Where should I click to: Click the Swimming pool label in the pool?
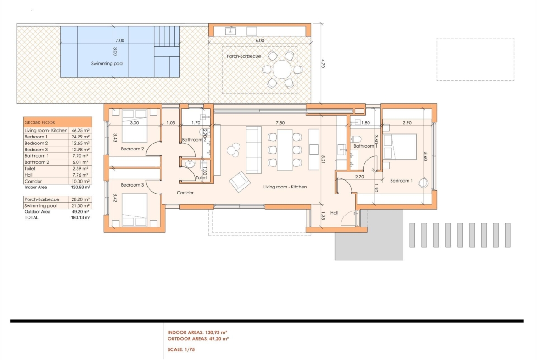107,64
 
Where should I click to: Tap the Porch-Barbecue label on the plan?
244,56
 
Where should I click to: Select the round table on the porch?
281,69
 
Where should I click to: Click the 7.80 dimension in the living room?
280,122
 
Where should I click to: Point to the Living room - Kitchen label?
285,187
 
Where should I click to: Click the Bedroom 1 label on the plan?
402,181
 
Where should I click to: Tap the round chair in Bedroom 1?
423,183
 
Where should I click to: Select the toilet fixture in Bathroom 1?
356,139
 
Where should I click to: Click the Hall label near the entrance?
334,213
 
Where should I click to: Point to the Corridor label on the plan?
185,193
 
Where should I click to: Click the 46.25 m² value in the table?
80,130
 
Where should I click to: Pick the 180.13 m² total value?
80,218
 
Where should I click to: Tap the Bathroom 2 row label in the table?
37,162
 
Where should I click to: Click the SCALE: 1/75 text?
181,349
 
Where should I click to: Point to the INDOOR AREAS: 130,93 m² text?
198,332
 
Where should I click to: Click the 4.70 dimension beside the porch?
323,64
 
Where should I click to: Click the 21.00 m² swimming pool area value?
80,205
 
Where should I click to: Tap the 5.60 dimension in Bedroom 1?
425,156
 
